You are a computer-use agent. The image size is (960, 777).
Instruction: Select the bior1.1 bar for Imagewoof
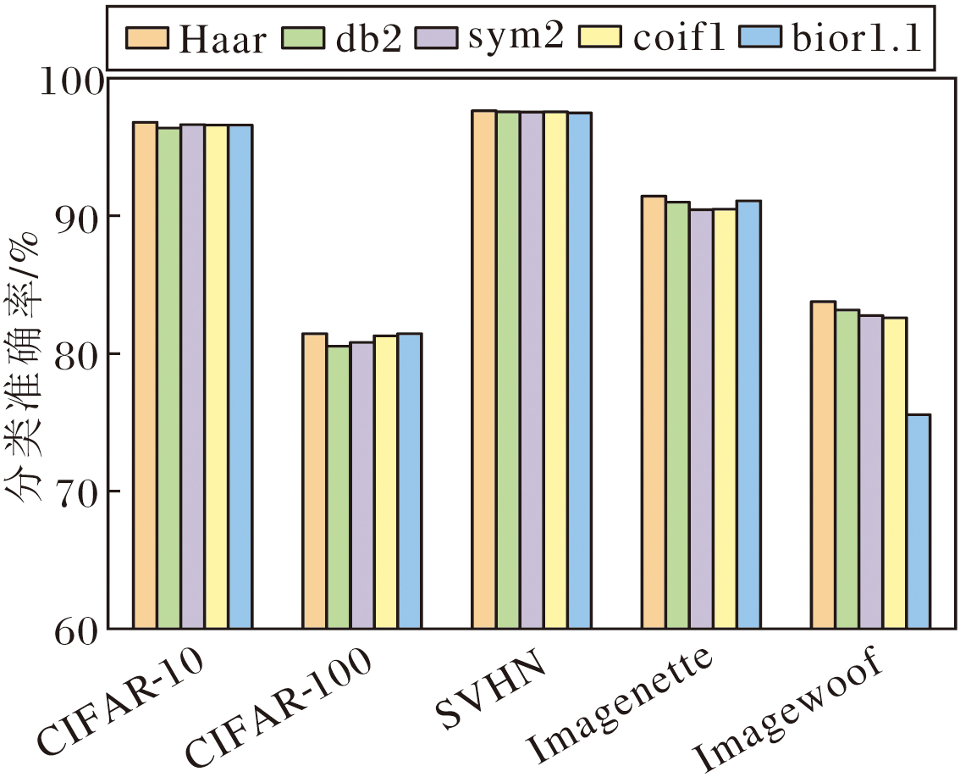(x=919, y=522)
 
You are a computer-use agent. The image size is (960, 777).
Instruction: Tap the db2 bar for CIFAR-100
(x=339, y=487)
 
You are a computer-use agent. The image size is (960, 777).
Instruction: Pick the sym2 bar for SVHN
(x=532, y=370)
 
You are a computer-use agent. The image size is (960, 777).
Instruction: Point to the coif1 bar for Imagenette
(x=725, y=419)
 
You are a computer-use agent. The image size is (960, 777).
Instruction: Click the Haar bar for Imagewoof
(x=823, y=465)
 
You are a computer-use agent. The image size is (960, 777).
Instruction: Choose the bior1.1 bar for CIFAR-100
(x=410, y=481)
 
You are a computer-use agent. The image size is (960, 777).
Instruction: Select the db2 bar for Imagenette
(x=677, y=415)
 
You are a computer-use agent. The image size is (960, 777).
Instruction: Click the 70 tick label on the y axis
(x=78, y=491)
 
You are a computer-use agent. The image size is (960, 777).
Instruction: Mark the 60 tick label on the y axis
(x=78, y=629)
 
